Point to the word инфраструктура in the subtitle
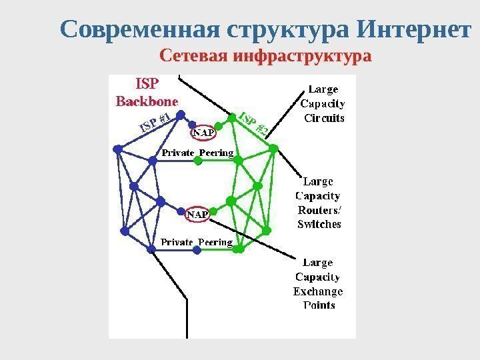click(302, 56)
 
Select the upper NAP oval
click(203, 133)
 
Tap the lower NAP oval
click(197, 215)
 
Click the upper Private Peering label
click(198, 153)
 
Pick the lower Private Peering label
click(197, 242)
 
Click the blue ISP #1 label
click(155, 122)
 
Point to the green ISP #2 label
click(253, 123)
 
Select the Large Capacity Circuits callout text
click(323, 103)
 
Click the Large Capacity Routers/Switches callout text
click(319, 202)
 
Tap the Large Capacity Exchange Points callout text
click(318, 284)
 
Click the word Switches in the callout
click(319, 225)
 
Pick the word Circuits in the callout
click(325, 119)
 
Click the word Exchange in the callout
click(318, 291)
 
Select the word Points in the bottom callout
click(319, 305)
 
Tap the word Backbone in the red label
click(147, 102)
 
